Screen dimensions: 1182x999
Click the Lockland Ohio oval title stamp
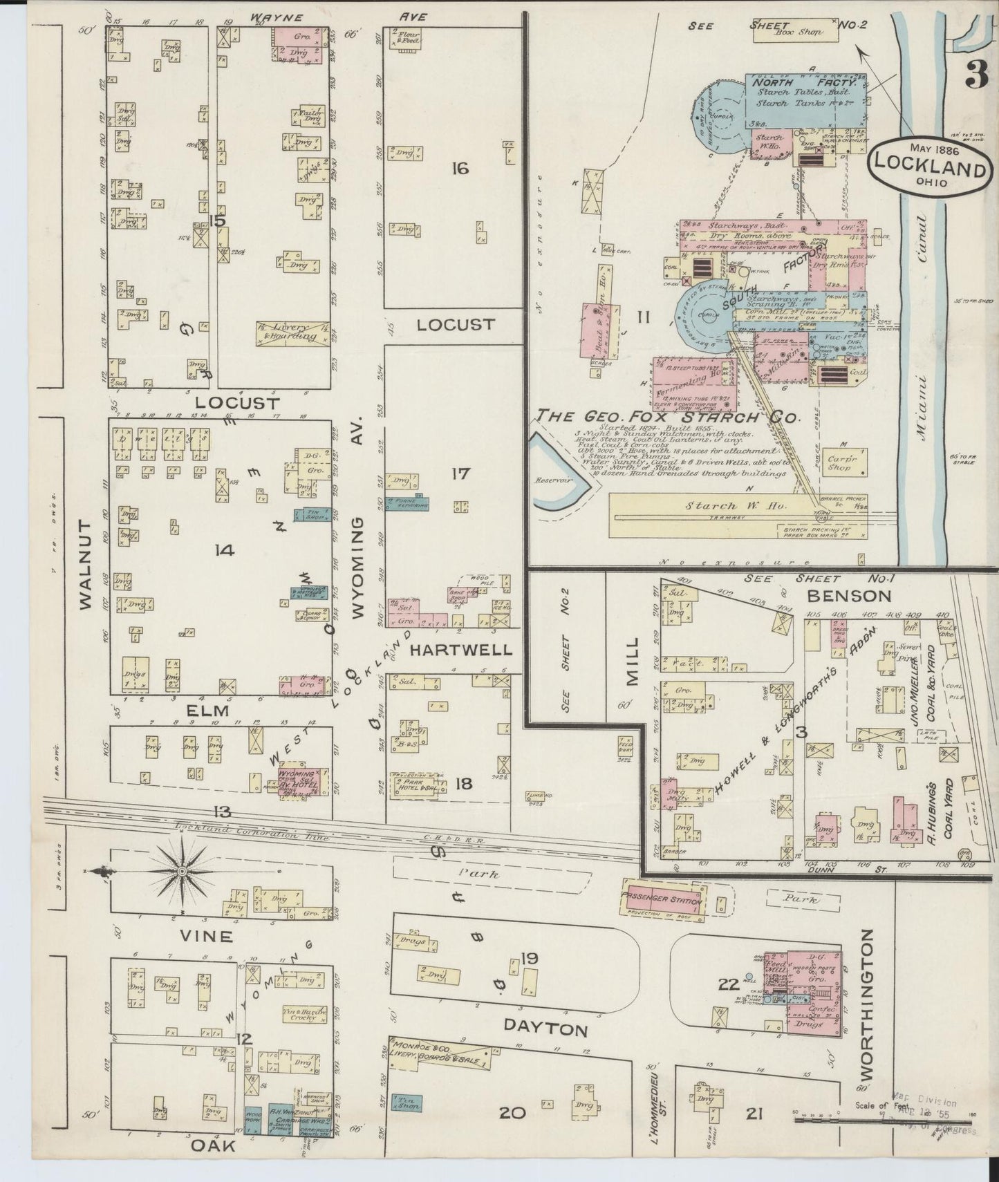(x=928, y=168)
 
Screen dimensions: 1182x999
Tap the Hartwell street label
(x=460, y=650)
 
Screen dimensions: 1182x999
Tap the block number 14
(x=225, y=550)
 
